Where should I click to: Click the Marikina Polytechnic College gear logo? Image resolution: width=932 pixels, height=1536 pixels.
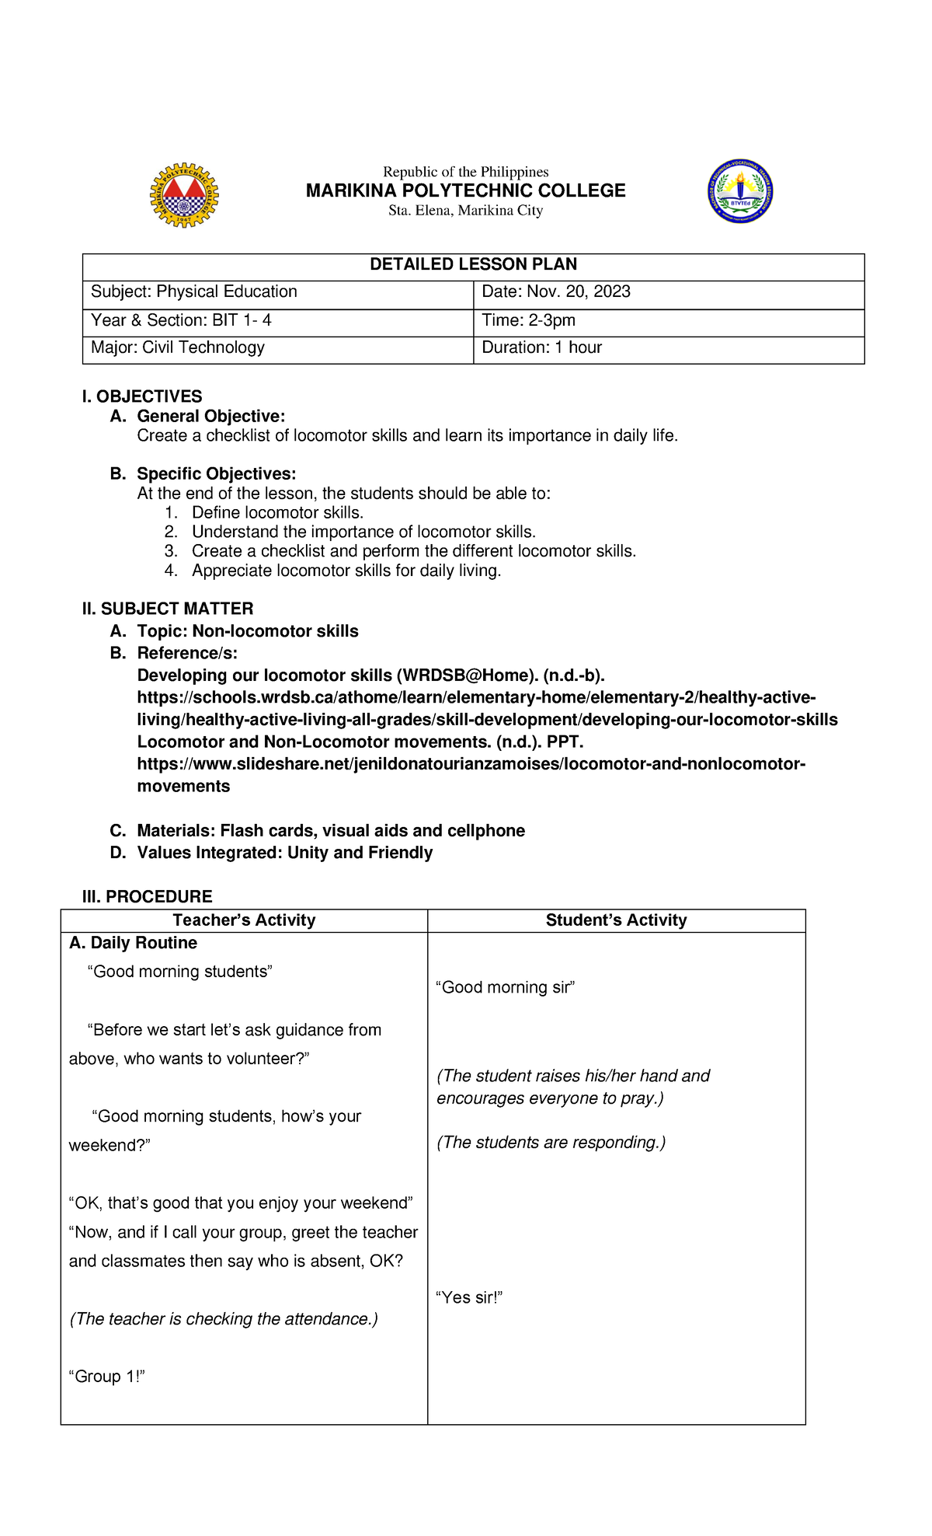(x=184, y=195)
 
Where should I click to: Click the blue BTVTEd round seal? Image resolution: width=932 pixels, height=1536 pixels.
(x=740, y=191)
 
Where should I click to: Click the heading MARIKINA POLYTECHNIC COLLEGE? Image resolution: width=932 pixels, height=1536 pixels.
(x=465, y=190)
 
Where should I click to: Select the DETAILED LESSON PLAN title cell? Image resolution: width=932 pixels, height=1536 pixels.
(x=473, y=264)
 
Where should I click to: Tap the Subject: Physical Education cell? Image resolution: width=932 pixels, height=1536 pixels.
(x=194, y=291)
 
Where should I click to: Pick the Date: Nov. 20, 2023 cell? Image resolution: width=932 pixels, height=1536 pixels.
(x=556, y=291)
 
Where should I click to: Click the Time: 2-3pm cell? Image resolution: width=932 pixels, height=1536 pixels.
(x=528, y=320)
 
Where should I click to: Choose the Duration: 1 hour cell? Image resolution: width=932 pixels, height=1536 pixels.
(x=541, y=347)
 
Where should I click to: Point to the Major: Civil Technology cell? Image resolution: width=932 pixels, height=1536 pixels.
(x=178, y=347)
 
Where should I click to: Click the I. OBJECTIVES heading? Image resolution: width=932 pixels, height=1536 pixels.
(x=142, y=396)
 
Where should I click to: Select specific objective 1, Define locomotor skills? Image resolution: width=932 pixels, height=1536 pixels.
(x=277, y=512)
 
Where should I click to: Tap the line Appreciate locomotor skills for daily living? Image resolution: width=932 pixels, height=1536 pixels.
(x=346, y=571)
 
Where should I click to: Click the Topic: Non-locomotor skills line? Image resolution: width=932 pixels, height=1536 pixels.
(x=247, y=631)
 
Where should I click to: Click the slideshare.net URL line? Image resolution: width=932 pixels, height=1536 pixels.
(x=471, y=764)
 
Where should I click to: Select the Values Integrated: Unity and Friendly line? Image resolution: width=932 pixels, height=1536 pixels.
(x=284, y=853)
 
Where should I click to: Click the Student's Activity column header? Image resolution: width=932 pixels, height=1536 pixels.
(x=616, y=920)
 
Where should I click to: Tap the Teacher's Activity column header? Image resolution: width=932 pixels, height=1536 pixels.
(x=244, y=920)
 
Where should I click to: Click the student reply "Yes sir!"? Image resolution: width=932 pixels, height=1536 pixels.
(x=469, y=1297)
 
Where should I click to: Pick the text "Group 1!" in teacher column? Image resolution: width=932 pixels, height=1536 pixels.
(x=107, y=1377)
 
